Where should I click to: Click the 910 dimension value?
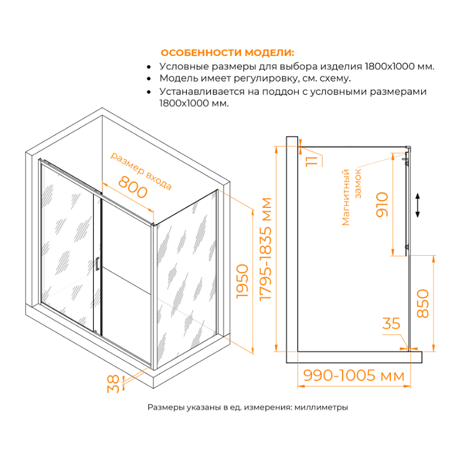[382, 205]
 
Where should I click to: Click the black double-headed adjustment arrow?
[418, 205]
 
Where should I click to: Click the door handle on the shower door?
[98, 263]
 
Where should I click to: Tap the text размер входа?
[140, 171]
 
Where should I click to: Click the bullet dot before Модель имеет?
[150, 78]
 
